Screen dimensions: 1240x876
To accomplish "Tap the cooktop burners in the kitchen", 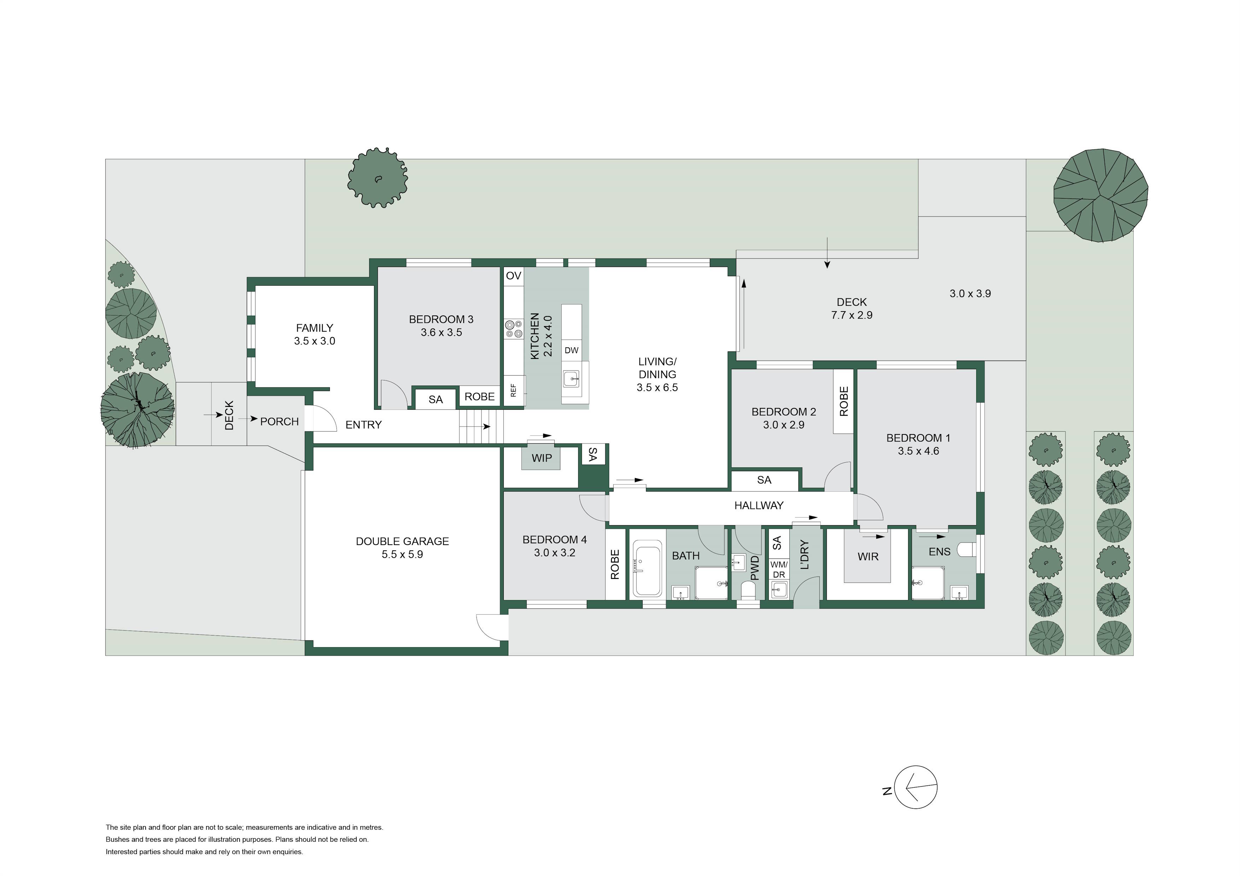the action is (514, 329).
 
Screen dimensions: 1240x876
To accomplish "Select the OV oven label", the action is (514, 276).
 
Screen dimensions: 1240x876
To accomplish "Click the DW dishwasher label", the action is (571, 350).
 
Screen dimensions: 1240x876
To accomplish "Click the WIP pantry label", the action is (542, 458).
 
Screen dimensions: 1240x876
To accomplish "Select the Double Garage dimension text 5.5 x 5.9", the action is (402, 554).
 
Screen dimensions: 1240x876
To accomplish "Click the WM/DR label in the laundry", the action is (779, 569).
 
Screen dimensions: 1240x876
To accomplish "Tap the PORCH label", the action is (279, 421).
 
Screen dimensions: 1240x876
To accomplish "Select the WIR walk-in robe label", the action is (868, 556).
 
